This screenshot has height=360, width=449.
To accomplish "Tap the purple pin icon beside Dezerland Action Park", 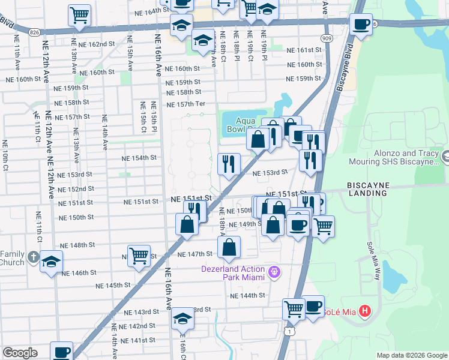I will (x=276, y=272).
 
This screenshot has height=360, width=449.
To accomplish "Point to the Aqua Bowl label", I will (x=243, y=124).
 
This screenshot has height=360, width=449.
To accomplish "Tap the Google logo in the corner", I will (x=20, y=353).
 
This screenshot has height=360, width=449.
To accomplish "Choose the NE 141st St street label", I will (x=137, y=340).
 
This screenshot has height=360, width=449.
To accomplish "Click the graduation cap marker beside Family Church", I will (x=52, y=262).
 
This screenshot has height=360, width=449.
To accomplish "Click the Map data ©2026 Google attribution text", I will (x=412, y=355).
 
